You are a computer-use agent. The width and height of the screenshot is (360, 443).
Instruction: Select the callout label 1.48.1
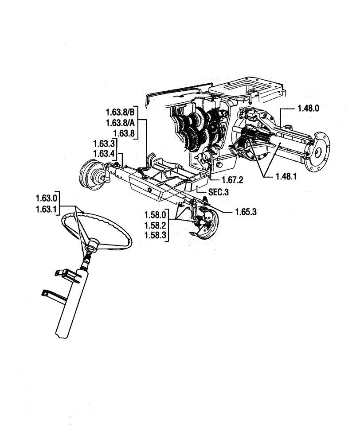[x=286, y=176]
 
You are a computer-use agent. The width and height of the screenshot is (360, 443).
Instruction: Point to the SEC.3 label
[x=219, y=194]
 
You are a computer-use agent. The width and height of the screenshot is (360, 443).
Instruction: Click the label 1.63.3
[x=104, y=144]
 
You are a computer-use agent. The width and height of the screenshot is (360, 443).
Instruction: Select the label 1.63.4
[x=104, y=155]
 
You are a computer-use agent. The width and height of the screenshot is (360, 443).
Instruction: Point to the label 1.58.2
[x=155, y=225]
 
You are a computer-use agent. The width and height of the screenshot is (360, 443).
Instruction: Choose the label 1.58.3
[x=155, y=236]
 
